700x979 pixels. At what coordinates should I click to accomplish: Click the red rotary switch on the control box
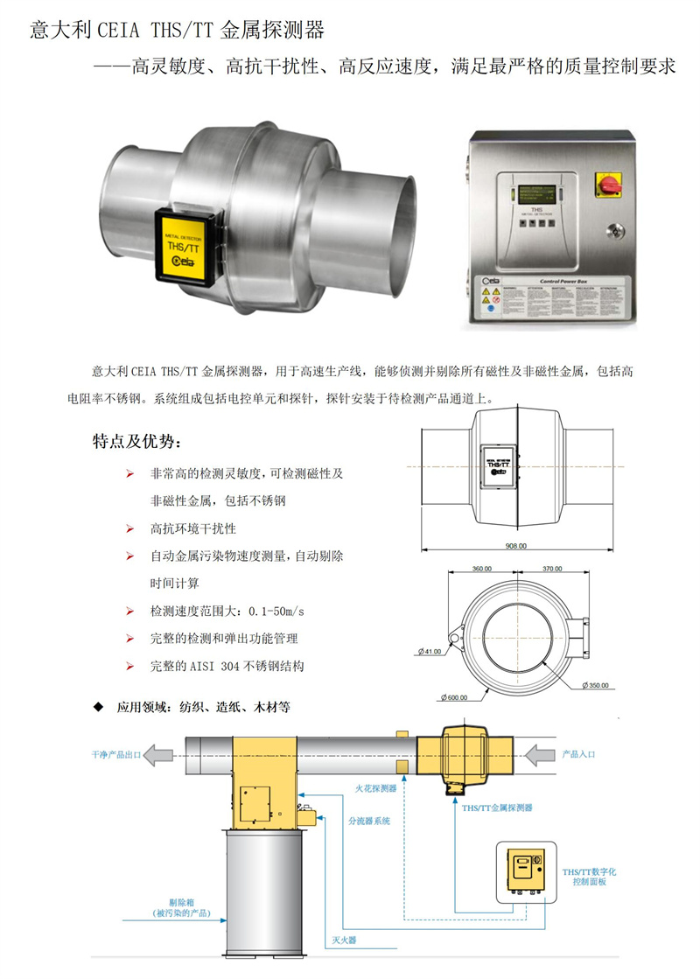click(x=606, y=183)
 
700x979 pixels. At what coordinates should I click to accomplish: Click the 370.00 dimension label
click(x=552, y=569)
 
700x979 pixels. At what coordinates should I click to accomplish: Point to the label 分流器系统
click(x=369, y=822)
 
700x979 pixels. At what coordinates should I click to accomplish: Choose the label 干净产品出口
click(x=115, y=753)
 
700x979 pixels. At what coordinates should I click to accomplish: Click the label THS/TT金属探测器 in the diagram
click(x=497, y=808)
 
